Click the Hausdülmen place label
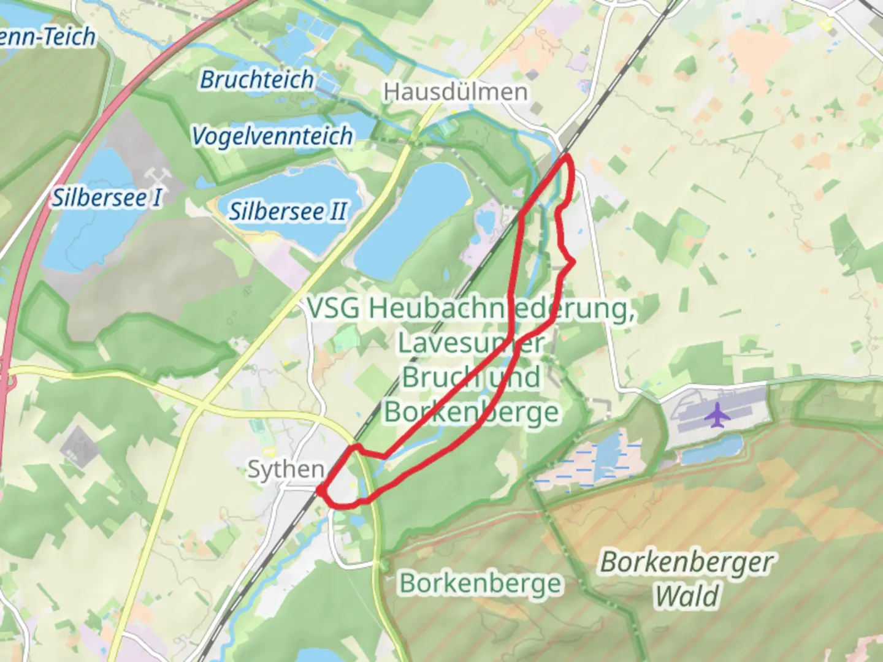pyautogui.click(x=455, y=92)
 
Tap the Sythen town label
pyautogui.click(x=286, y=470)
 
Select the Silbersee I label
pyautogui.click(x=107, y=197)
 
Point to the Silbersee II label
pyautogui.click(x=288, y=211)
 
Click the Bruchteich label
pyautogui.click(x=257, y=79)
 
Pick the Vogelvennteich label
pyautogui.click(x=272, y=135)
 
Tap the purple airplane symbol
pyautogui.click(x=716, y=416)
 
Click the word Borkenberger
pyautogui.click(x=686, y=562)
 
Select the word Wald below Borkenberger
pyautogui.click(x=686, y=596)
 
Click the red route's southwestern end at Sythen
pyautogui.click(x=319, y=490)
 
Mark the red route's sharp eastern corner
pyautogui.click(x=573, y=262)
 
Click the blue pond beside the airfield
pyautogui.click(x=711, y=451)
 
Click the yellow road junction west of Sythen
pyautogui.click(x=202, y=405)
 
